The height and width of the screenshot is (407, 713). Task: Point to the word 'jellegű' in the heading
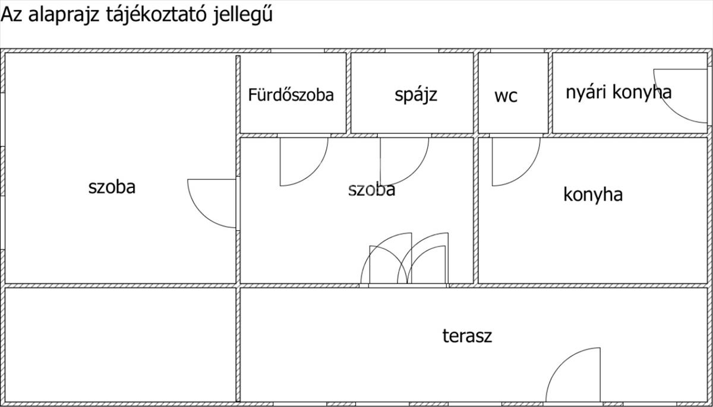point(242,15)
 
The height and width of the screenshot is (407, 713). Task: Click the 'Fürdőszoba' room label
point(291,95)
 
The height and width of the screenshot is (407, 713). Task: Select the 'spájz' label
point(416,94)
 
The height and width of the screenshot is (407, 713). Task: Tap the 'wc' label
point(506,96)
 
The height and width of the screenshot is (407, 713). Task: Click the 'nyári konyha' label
point(619,92)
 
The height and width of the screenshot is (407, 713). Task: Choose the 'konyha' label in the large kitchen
point(593,195)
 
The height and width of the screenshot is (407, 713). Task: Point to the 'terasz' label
point(467,336)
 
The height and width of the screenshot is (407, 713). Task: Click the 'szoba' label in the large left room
point(112,187)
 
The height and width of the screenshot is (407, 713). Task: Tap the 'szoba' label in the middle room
point(372,190)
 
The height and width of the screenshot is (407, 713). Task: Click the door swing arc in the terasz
point(567,372)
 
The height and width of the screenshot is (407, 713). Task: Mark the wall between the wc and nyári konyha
point(550,92)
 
